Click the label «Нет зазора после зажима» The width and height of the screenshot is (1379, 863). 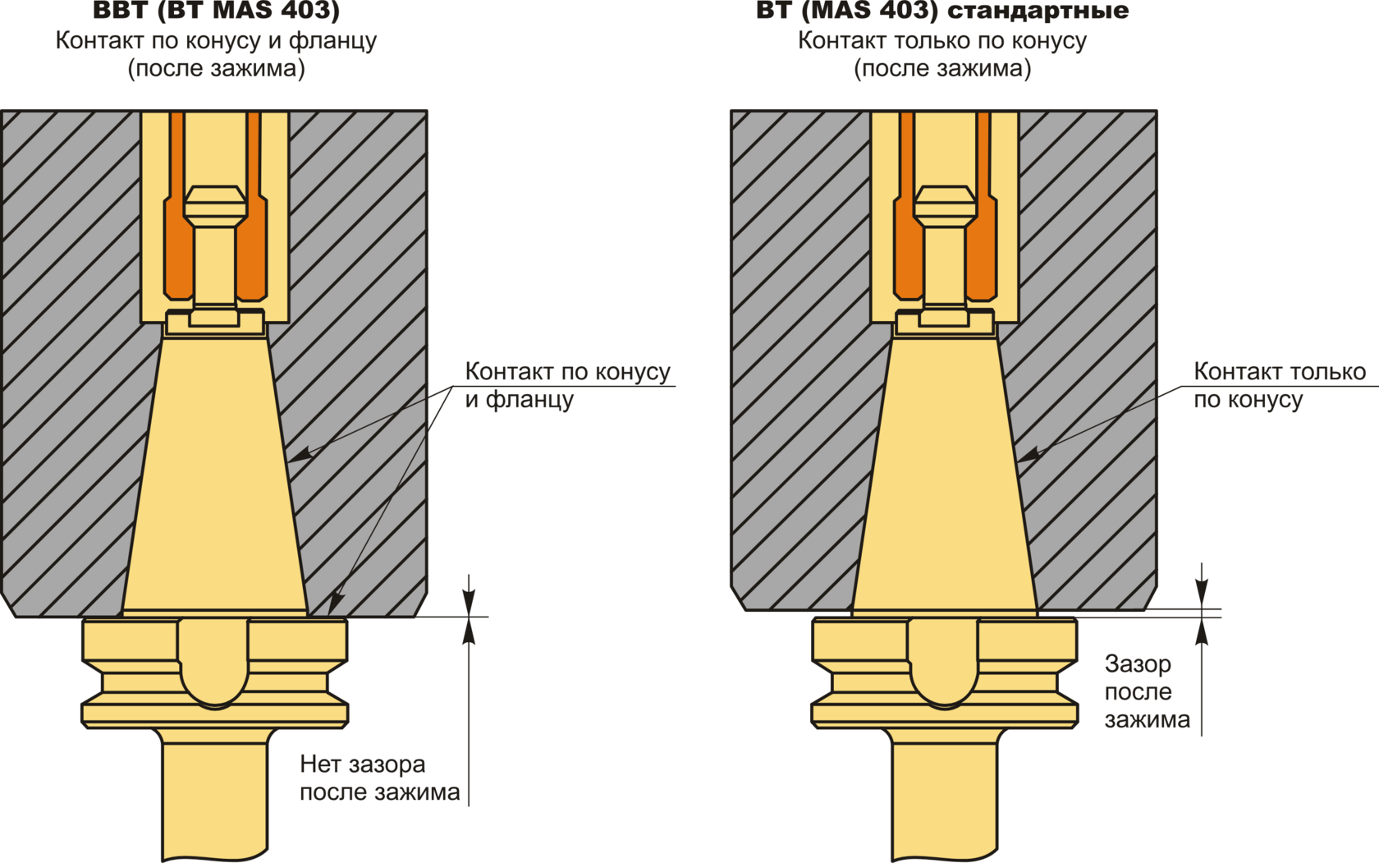378,778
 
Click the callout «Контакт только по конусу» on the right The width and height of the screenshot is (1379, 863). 1278,385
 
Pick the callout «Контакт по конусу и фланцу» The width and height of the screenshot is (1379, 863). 567,385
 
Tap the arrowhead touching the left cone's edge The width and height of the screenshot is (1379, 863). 301,453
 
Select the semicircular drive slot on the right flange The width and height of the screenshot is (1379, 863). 944,661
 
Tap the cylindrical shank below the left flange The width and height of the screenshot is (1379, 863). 215,796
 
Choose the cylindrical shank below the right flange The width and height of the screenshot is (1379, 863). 944,796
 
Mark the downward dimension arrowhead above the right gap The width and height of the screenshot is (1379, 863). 1202,596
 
